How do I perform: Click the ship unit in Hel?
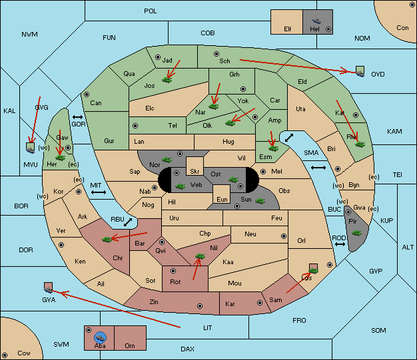[316, 21]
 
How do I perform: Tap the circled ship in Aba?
[101, 337]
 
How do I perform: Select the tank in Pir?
[356, 233]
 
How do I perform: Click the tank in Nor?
[167, 160]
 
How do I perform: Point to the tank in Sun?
[260, 200]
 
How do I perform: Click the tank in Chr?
[107, 240]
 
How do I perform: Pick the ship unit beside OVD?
[360, 72]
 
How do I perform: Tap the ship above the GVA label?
[49, 287]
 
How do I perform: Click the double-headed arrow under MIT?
[99, 192]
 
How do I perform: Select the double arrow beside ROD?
[340, 244]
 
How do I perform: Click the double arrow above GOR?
[77, 117]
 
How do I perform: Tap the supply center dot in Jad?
[158, 57]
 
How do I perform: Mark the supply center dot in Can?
[87, 94]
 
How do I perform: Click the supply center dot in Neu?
[284, 236]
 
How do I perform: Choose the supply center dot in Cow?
[5, 355]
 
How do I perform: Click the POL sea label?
[151, 11]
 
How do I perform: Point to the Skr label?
[195, 172]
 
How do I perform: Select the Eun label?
[222, 199]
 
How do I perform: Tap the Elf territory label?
[288, 29]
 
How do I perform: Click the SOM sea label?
[378, 330]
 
